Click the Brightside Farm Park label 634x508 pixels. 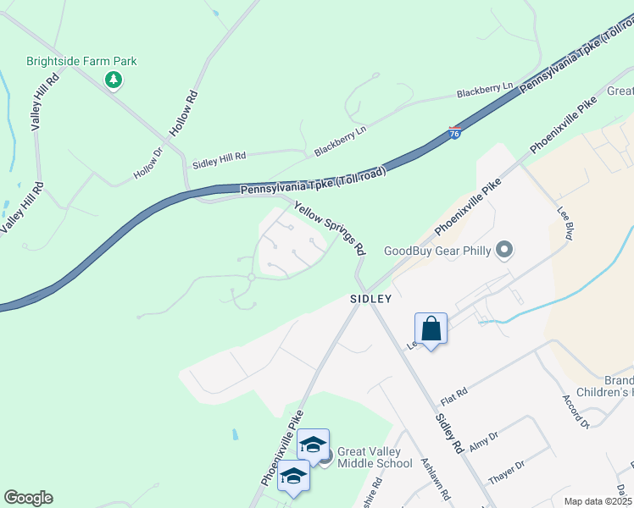tap(81, 61)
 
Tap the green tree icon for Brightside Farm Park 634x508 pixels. tap(113, 80)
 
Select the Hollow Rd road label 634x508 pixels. tap(183, 114)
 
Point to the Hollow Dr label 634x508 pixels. tap(147, 164)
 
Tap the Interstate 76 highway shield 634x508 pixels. tap(455, 134)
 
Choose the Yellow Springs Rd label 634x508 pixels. tap(330, 228)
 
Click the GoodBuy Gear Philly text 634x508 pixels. tap(437, 250)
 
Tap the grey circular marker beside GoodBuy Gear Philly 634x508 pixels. tap(505, 250)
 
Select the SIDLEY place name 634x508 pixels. tap(371, 299)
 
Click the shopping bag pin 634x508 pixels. tap(431, 329)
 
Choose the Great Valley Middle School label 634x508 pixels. tap(375, 456)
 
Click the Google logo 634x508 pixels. tap(28, 498)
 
